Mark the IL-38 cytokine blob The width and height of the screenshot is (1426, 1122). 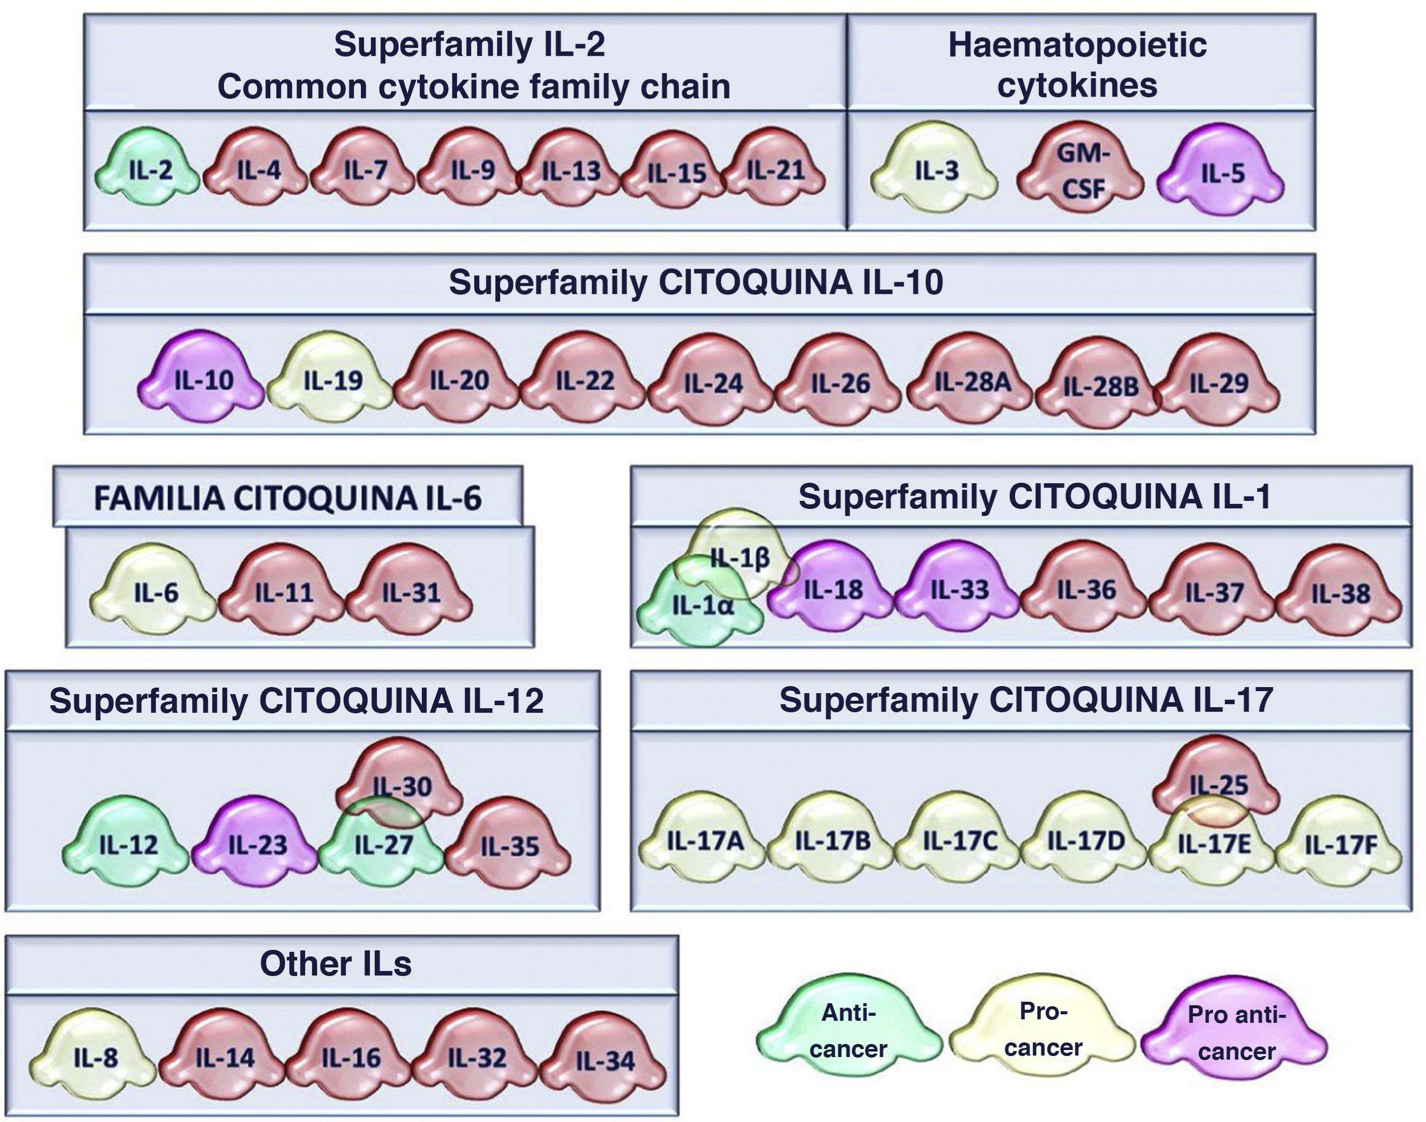(x=1340, y=593)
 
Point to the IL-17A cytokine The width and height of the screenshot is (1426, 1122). (x=705, y=840)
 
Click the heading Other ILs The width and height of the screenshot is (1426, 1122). (x=336, y=963)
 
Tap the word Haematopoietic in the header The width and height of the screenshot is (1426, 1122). (x=1077, y=45)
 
